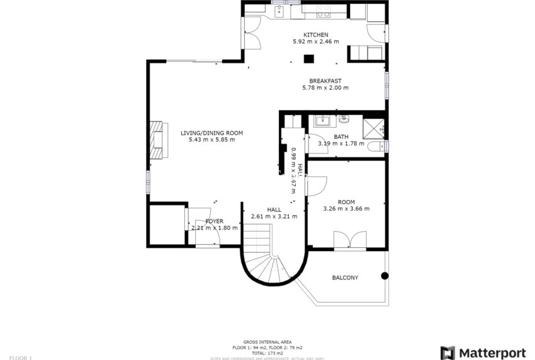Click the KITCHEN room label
point(315,35)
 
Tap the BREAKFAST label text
point(325,81)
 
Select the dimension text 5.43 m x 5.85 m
point(211,140)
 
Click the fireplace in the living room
point(156,139)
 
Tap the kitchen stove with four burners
point(324,11)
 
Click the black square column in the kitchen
point(308,60)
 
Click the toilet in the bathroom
point(376,147)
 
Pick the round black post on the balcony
point(385,276)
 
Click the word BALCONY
point(345,278)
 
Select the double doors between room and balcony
point(350,241)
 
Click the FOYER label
point(215,221)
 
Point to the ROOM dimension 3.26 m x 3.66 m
point(346,209)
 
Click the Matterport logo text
point(493,352)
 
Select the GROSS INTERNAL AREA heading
point(267,342)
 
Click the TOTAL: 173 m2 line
point(267,352)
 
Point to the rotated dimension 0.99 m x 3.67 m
point(293,170)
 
